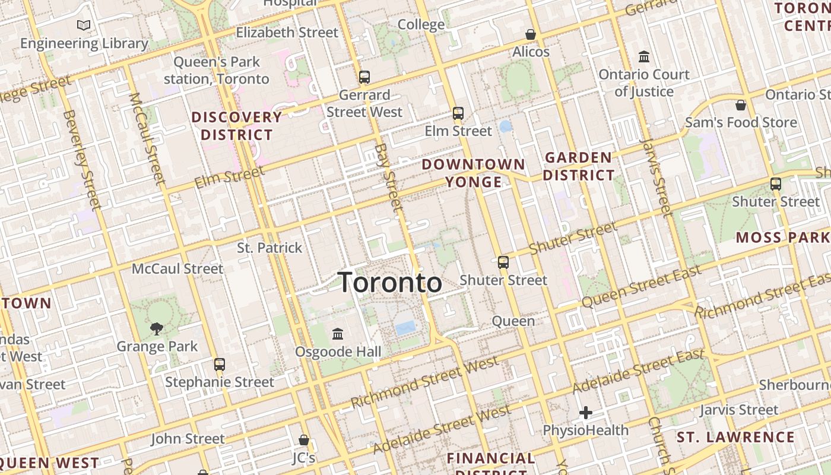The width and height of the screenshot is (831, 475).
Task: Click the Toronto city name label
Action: click(390, 283)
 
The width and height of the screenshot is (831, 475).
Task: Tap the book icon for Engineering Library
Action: click(84, 25)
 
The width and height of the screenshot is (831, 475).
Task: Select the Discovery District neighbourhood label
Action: click(236, 126)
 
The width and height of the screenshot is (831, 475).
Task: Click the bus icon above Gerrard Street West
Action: click(364, 77)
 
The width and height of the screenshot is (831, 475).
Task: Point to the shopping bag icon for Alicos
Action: click(531, 34)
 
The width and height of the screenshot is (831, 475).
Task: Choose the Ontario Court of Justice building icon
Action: click(644, 57)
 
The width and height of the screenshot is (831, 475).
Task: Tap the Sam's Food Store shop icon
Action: click(741, 105)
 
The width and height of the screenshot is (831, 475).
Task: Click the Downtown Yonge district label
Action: click(474, 173)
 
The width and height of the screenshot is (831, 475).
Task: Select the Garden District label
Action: click(579, 166)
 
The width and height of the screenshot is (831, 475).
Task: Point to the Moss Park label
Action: click(782, 237)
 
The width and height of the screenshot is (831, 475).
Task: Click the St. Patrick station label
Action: click(269, 248)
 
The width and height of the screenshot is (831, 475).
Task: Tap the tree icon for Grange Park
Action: click(157, 328)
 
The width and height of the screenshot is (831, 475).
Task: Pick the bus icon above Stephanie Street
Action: click(220, 364)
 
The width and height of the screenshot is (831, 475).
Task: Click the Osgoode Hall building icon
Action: click(338, 334)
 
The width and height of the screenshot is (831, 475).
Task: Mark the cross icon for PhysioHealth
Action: click(586, 412)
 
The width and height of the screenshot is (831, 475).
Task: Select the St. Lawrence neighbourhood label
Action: click(735, 438)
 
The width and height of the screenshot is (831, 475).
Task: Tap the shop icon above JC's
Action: click(304, 440)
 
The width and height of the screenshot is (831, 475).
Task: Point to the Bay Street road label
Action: click(389, 177)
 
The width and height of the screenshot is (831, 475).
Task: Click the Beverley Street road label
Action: click(81, 160)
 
